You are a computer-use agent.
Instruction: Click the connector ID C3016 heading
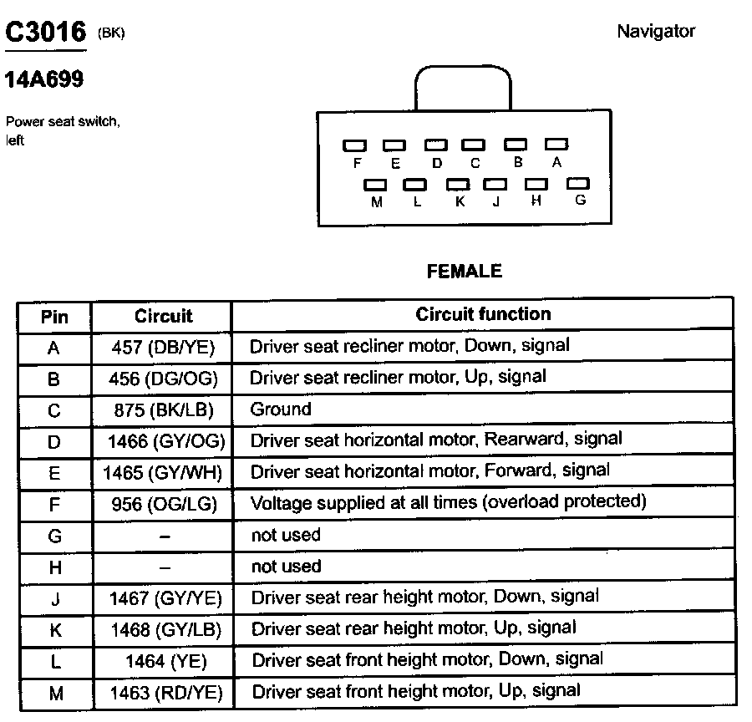coord(47,33)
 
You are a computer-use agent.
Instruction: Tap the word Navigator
coord(656,32)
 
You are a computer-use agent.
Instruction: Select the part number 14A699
coord(43,81)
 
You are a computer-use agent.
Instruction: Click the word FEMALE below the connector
coord(465,271)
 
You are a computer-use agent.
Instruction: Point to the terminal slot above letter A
coord(556,145)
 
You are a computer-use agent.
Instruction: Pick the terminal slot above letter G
coord(578,183)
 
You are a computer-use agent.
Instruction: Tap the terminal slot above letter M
coord(376,185)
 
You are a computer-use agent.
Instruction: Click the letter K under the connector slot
coord(460,201)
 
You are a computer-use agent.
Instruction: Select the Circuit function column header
coord(483,314)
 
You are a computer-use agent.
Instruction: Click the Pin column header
coord(54,317)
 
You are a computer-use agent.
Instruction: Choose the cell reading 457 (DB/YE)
coord(163,347)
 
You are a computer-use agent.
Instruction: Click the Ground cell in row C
coord(281,409)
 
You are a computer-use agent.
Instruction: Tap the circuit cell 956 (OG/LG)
coord(163,503)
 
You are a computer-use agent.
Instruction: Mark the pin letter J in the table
coord(54,597)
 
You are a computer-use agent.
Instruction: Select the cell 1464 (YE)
coord(165,661)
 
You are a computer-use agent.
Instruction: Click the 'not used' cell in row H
coord(286,567)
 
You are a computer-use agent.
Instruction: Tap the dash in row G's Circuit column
coord(165,536)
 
